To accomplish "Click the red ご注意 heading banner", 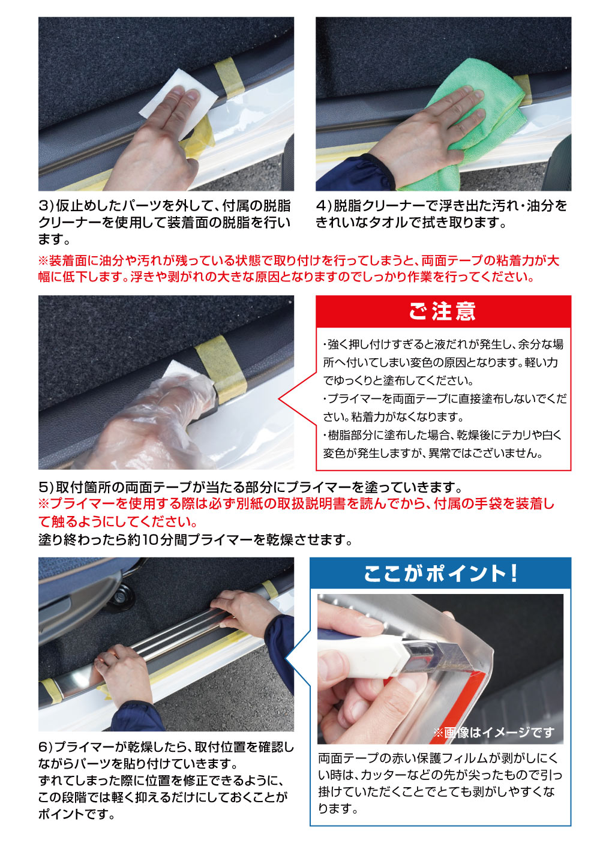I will coord(443,311).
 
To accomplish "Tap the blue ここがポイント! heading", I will coord(440,574).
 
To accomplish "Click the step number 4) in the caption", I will coord(323,206).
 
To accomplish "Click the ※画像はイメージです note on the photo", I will coord(493,733).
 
